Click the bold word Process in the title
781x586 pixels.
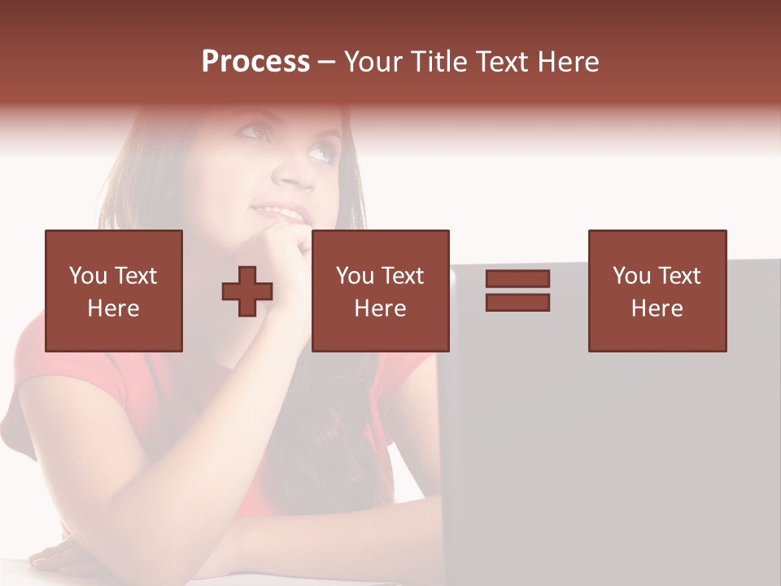pyautogui.click(x=255, y=62)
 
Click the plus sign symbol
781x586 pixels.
pyautogui.click(x=247, y=291)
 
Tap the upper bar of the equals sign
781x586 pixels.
pyautogui.click(x=517, y=278)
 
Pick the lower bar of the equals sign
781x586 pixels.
pyautogui.click(x=517, y=302)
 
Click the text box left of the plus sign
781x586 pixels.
pyautogui.click(x=114, y=291)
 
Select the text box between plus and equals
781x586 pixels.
pyautogui.click(x=381, y=291)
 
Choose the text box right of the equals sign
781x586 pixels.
pyautogui.click(x=657, y=291)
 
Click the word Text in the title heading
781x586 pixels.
pyautogui.click(x=501, y=62)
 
